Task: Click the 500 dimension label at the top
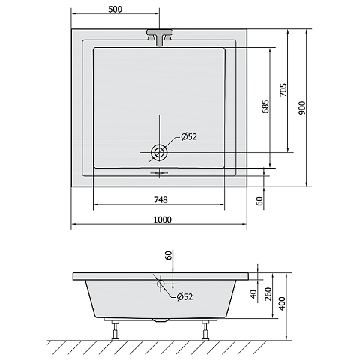click(115, 9)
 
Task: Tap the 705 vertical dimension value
click(283, 90)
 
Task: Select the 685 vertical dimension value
click(266, 106)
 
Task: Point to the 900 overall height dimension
click(302, 108)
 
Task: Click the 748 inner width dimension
click(160, 200)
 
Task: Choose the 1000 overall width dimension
click(163, 220)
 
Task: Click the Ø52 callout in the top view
click(189, 136)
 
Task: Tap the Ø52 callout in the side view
click(184, 296)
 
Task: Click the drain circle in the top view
click(159, 152)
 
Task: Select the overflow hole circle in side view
click(160, 283)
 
